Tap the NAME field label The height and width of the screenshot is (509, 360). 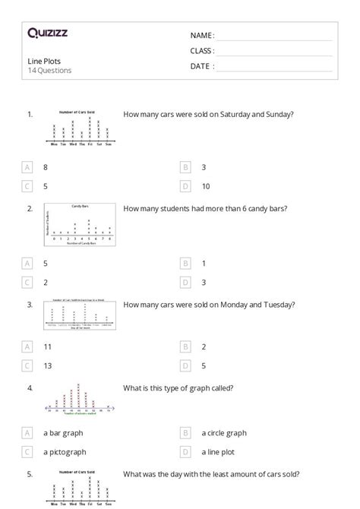[x=202, y=35]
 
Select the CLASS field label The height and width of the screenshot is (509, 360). [x=202, y=50]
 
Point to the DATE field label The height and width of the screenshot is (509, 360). [x=201, y=66]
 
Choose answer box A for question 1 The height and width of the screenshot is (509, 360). [x=28, y=166]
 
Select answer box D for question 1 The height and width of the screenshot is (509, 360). [x=185, y=186]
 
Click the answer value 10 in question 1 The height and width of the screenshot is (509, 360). [x=206, y=186]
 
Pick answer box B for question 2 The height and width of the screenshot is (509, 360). [x=185, y=263]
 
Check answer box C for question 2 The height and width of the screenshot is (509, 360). [x=28, y=283]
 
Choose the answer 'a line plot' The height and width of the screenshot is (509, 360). [x=219, y=451]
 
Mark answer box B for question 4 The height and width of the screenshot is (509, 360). [x=185, y=432]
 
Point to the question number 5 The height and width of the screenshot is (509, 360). [x=30, y=475]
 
